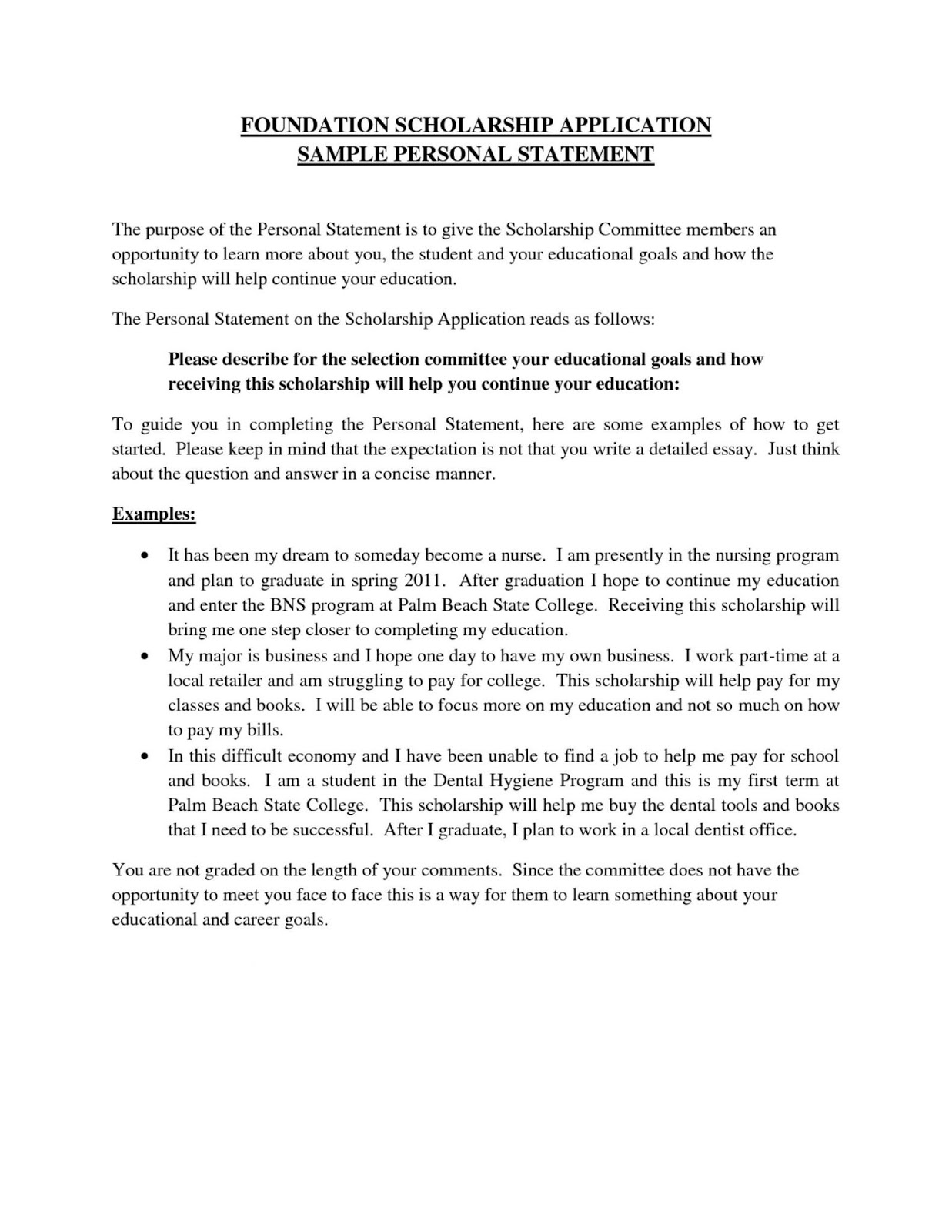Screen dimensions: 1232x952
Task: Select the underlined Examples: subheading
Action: click(154, 514)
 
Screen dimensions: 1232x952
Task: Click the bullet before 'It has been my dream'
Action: click(144, 556)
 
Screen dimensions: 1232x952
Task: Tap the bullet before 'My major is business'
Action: click(144, 657)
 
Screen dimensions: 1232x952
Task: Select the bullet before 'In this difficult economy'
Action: click(144, 757)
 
